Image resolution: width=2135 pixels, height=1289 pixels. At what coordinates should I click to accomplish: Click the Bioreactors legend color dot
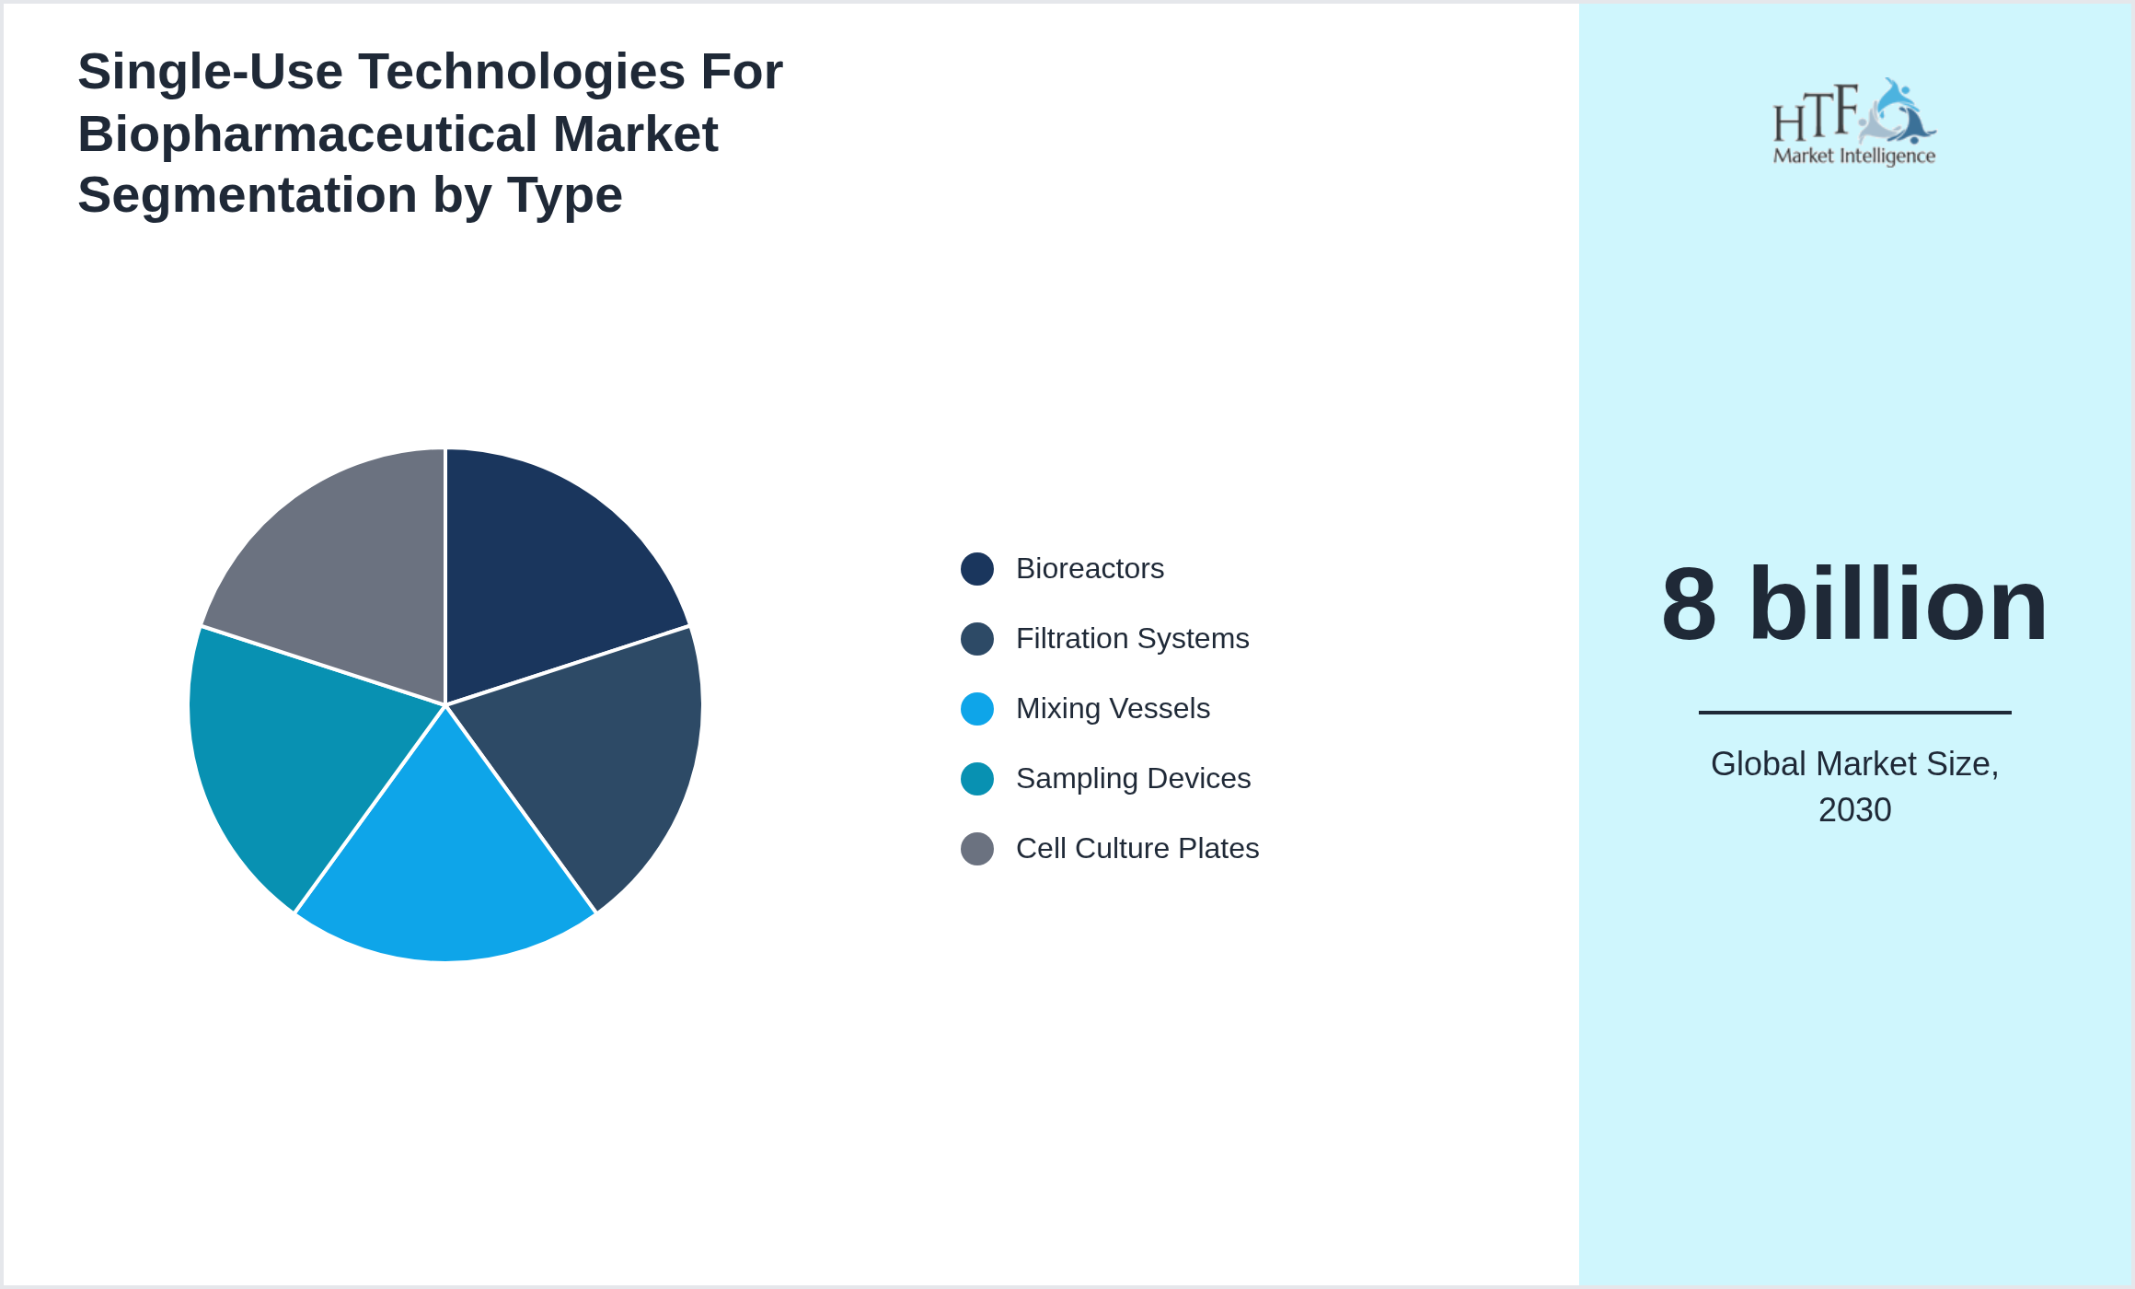976,569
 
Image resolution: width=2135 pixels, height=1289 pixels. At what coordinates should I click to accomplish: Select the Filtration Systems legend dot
976,639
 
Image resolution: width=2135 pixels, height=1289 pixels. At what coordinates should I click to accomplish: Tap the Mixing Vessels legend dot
976,709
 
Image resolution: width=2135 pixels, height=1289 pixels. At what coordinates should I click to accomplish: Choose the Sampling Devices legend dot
976,779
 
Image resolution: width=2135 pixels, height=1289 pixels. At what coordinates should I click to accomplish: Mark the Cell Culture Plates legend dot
976,849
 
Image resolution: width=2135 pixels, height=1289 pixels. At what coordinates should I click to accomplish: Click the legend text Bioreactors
1090,569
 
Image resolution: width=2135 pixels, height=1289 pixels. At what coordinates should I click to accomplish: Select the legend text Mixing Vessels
1113,709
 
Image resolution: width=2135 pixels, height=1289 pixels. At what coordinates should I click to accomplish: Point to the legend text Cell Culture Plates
1137,849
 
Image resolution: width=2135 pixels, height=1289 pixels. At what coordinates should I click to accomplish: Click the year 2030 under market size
1854,810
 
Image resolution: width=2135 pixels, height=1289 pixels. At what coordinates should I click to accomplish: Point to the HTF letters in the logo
1815,114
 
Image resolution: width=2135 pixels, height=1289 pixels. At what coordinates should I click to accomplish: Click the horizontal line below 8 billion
1854,712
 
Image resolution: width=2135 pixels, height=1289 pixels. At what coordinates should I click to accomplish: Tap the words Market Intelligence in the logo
1853,157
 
